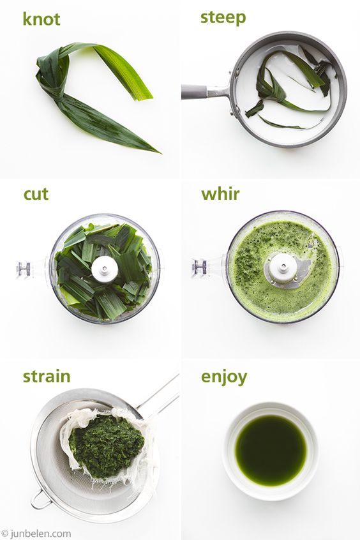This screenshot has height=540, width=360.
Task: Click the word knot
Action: (x=41, y=19)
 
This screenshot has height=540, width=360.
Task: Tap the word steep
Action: (x=223, y=18)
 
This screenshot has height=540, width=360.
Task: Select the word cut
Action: (x=36, y=194)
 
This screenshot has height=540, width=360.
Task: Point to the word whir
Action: (x=220, y=194)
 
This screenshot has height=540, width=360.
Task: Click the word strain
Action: (x=47, y=377)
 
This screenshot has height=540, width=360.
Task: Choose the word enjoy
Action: (x=224, y=377)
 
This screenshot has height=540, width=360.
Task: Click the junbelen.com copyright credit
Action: (x=36, y=534)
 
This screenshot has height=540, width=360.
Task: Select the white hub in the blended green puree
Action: (x=283, y=267)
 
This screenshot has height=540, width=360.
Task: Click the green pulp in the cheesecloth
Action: (x=106, y=447)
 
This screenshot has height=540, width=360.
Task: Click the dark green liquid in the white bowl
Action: (x=271, y=450)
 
